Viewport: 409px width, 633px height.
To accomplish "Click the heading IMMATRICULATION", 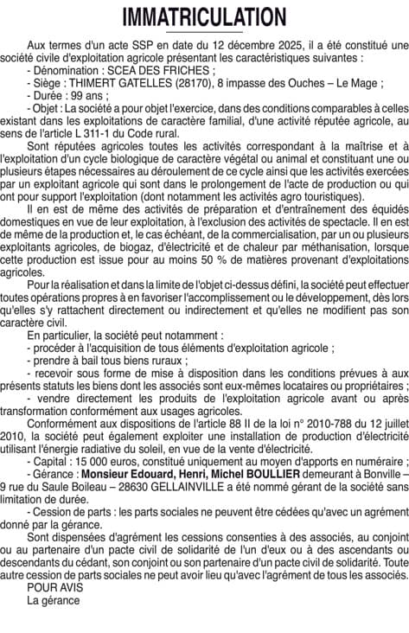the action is (204, 17).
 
